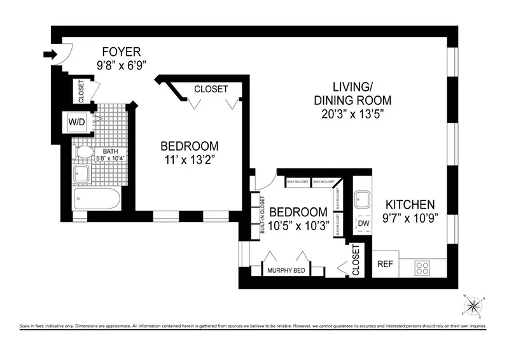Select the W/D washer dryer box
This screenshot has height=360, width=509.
click(x=76, y=120)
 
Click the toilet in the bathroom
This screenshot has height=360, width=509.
click(x=82, y=153)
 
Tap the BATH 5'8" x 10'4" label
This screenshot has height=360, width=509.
click(x=109, y=155)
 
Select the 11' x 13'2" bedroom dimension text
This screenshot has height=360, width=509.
click(x=189, y=160)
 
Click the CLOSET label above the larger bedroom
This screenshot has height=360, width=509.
click(x=211, y=89)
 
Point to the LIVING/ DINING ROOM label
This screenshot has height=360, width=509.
click(x=352, y=93)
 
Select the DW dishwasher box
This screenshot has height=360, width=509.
click(x=364, y=224)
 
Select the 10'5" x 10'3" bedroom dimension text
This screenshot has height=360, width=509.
click(x=298, y=225)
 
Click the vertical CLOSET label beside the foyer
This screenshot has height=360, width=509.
click(x=81, y=91)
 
